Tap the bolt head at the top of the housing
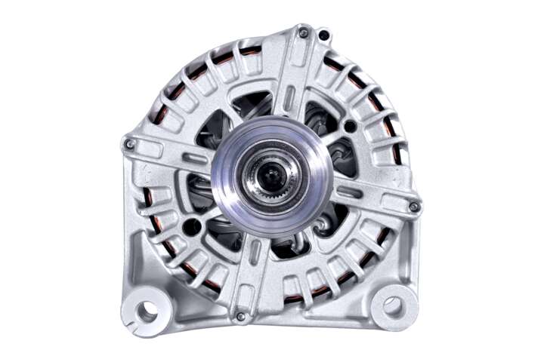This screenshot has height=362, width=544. [x=303, y=32]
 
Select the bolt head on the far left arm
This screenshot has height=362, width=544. [x=130, y=143]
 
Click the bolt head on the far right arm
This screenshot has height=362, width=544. [x=413, y=207]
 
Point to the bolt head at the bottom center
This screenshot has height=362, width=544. [x=240, y=316]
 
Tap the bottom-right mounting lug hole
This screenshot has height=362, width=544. [x=392, y=305]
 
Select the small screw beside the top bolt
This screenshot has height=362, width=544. [x=323, y=34]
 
